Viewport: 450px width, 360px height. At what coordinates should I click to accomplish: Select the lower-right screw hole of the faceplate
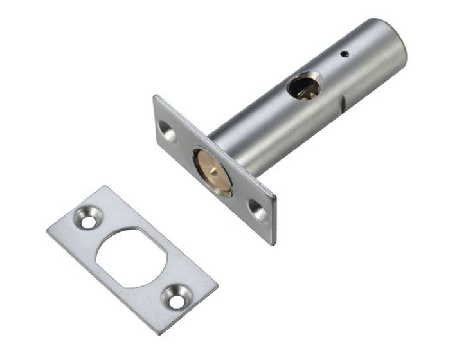(257, 210)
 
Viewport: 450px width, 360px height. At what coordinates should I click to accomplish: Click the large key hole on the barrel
(303, 86)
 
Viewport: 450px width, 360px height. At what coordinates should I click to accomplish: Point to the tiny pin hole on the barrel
(345, 55)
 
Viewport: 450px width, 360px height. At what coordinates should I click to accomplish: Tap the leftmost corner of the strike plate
(47, 228)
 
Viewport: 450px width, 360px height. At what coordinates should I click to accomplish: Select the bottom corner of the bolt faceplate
(272, 244)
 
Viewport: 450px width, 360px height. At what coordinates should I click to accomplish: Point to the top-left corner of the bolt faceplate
(154, 96)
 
